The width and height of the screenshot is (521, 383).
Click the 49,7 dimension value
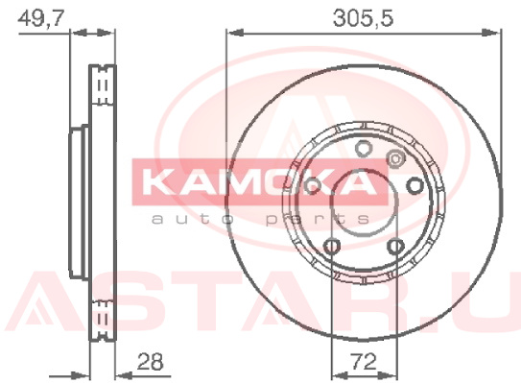pos(40,19)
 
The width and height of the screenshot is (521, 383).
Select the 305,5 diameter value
pos(364,18)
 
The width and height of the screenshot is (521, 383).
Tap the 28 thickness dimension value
pos(151,362)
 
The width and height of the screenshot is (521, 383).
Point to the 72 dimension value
pos(364,362)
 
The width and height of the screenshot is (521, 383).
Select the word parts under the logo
pos(318,220)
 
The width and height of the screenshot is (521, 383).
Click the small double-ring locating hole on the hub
pos(395,159)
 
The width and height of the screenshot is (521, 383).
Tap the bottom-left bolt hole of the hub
pos(332,247)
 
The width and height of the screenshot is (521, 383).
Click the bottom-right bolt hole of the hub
pos(396,247)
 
